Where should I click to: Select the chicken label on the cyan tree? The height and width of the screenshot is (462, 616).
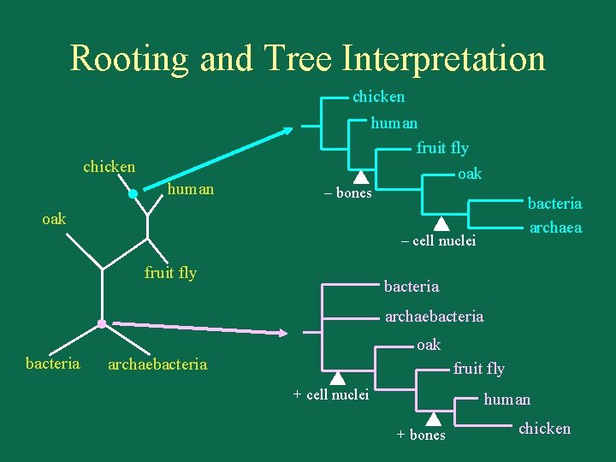378,97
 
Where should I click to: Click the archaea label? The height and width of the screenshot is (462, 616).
555,227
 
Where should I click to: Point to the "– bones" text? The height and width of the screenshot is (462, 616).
346,193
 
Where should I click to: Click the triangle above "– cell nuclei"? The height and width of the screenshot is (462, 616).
440,224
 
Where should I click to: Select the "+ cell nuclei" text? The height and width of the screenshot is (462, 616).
330,394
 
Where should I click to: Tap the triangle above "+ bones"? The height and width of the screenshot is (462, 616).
433,418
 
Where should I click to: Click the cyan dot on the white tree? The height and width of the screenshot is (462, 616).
133,194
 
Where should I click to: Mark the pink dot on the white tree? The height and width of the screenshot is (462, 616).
102,324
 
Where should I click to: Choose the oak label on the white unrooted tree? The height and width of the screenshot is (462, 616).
54,219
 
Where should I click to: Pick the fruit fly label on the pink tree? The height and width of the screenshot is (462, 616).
478,369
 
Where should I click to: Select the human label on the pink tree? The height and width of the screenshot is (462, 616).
506,400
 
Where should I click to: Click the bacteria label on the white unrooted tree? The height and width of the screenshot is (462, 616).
53,364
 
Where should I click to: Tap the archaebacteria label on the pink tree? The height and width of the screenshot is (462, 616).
434,317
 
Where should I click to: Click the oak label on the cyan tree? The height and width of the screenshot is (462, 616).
470,174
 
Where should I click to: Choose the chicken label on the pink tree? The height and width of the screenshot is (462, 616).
544,429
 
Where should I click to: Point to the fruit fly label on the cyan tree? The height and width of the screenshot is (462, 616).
441,148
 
